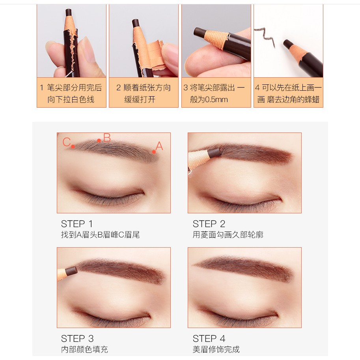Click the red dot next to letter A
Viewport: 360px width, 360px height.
(154, 152)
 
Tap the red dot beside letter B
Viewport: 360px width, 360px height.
(99, 140)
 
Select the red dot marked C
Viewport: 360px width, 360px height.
(73, 146)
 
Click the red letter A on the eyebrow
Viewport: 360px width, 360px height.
(159, 146)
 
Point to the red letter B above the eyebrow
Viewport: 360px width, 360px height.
(107, 138)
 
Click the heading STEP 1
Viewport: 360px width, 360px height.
(76, 224)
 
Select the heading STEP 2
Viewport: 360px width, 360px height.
(209, 224)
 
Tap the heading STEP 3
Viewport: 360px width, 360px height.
(77, 339)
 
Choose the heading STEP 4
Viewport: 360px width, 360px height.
(209, 339)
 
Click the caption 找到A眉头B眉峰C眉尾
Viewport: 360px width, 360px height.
(100, 235)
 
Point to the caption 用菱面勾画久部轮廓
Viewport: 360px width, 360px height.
(228, 235)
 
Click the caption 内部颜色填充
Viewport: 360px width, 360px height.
(84, 349)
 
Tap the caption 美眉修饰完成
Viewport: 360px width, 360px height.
(216, 349)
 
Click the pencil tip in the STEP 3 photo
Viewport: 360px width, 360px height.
(72, 271)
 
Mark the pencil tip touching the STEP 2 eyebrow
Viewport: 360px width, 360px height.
(215, 153)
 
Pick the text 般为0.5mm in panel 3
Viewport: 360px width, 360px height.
(209, 100)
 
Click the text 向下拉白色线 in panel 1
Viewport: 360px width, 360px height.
(71, 100)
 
